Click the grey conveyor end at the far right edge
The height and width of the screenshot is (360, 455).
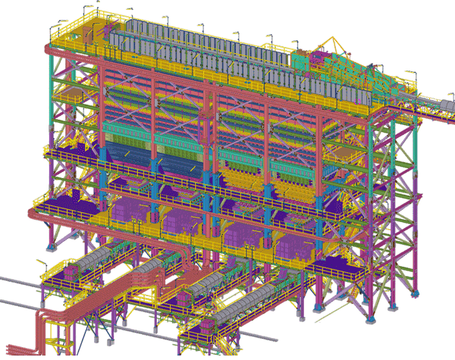[448, 100]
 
